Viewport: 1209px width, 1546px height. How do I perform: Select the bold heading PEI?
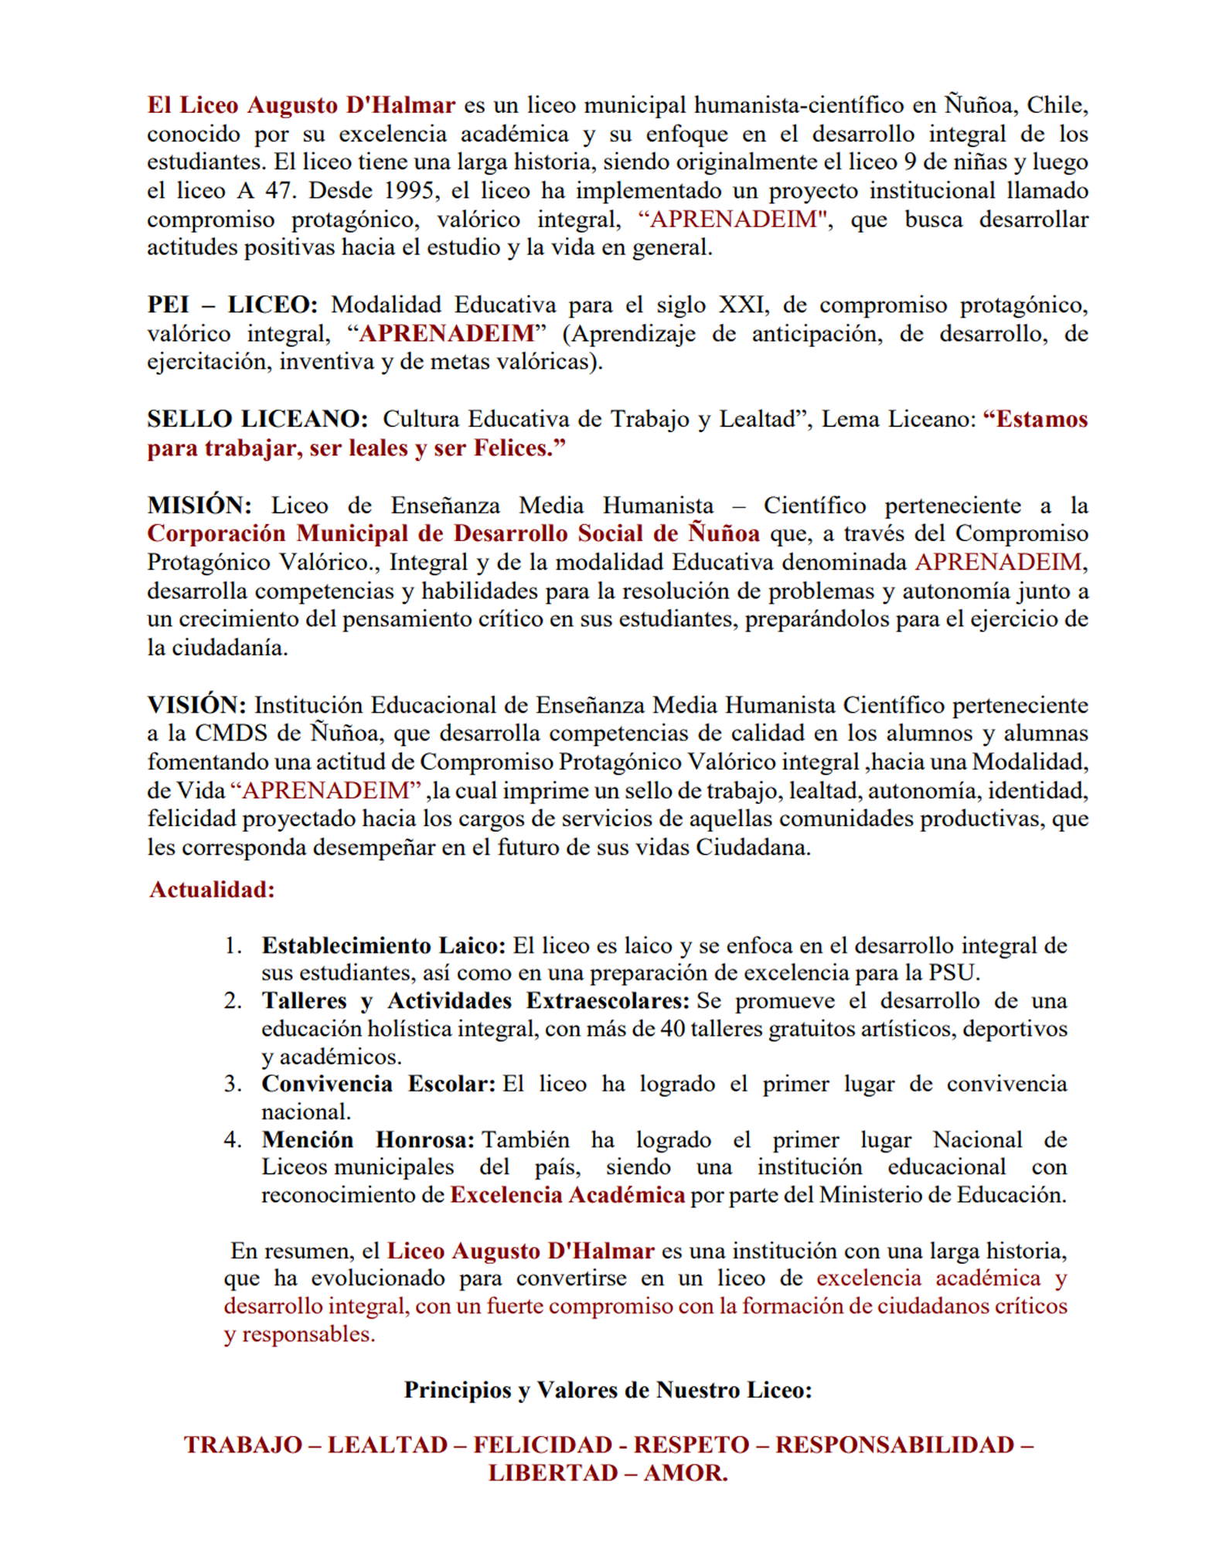tap(168, 305)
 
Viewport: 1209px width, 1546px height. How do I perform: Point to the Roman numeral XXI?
tap(744, 305)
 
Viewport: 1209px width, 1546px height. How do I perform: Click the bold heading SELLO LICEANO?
tap(257, 419)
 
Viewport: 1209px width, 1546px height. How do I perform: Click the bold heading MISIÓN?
tap(199, 506)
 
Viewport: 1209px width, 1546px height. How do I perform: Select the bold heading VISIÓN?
tap(196, 705)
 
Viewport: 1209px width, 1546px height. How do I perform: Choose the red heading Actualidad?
tap(212, 890)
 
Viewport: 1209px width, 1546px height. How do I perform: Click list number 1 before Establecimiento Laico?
tap(233, 945)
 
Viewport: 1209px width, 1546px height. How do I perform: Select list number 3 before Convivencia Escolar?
tap(233, 1084)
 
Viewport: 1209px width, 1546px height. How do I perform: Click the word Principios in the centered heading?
tap(458, 1391)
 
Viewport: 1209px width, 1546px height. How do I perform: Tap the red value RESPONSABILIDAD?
tap(894, 1445)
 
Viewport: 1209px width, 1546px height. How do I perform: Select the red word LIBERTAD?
tap(550, 1473)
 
